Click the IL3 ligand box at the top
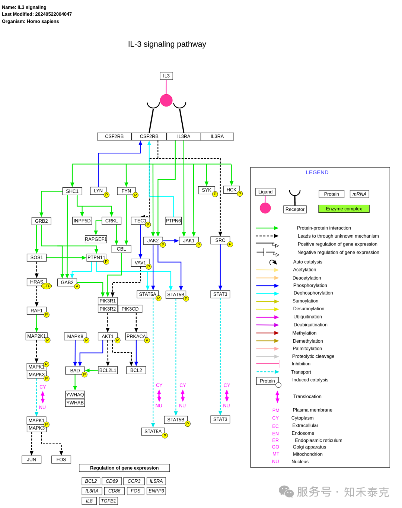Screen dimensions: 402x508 166,76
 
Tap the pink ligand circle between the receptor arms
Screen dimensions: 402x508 166,100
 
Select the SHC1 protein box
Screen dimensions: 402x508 72,191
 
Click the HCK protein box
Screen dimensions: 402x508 231,190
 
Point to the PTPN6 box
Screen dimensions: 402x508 173,221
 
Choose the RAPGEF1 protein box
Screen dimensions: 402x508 96,239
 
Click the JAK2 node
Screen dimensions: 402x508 153,241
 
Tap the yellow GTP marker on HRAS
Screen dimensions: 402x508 46,286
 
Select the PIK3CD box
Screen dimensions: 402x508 130,309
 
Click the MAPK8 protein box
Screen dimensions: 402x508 75,336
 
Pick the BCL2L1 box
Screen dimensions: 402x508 108,370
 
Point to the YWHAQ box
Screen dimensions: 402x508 75,394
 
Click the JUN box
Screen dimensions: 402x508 31,459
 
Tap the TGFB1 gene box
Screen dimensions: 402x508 108,501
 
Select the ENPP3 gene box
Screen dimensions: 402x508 156,491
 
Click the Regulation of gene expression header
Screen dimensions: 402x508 124,468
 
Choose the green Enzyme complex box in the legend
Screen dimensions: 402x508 344,209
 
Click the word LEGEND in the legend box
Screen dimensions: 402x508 317,172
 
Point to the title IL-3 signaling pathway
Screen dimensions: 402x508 167,44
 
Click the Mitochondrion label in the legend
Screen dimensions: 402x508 307,454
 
